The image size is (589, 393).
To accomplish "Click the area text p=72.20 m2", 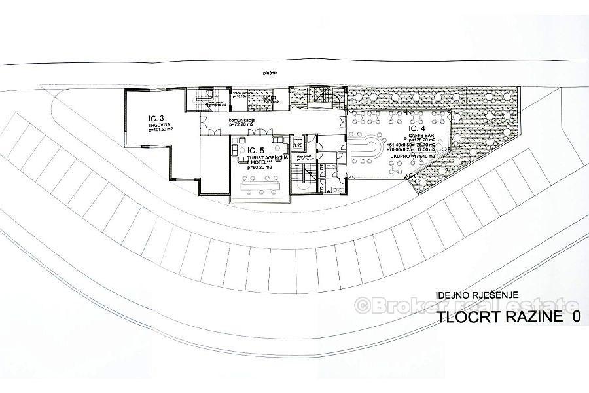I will click(241, 126).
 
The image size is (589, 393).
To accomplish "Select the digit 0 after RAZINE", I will click(576, 317).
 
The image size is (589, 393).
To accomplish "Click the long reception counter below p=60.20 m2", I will click(259, 186).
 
